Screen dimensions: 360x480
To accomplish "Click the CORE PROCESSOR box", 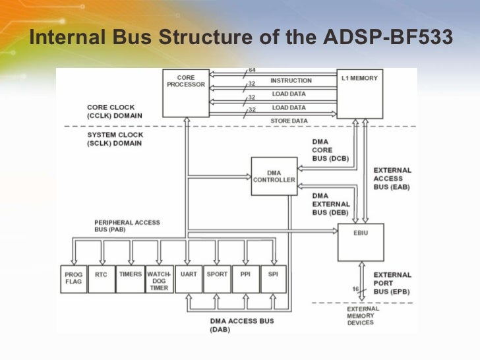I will pyautogui.click(x=185, y=92).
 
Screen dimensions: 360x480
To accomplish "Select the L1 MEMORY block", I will pyautogui.click(x=359, y=93).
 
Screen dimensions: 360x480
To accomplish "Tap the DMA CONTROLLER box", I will pyautogui.click(x=274, y=176).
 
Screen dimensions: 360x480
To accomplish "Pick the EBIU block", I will pyautogui.click(x=360, y=241).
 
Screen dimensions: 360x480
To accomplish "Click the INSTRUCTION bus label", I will pyautogui.click(x=291, y=80).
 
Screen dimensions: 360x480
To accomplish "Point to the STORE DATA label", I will pyautogui.click(x=288, y=121).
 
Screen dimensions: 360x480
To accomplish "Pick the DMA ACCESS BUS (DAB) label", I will pyautogui.click(x=241, y=326).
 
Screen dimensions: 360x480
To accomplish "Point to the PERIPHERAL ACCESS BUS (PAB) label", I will pyautogui.click(x=127, y=226).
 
